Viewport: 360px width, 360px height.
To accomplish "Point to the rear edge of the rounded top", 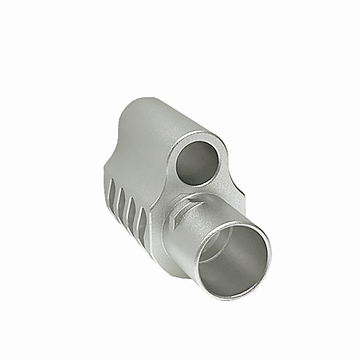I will click(x=126, y=108).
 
